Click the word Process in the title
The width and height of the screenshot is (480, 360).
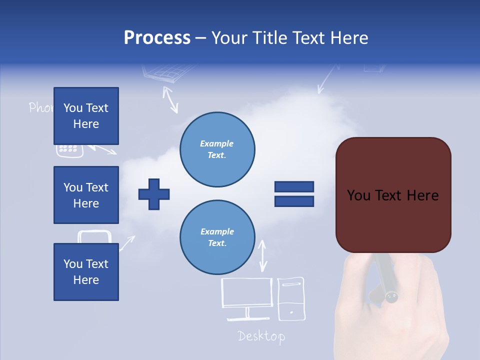coord(157,38)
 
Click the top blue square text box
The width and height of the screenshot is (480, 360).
coord(86,116)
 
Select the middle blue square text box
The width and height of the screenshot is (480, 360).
coord(86,195)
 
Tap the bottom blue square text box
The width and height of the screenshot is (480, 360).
coord(86,271)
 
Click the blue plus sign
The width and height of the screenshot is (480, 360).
coord(154,193)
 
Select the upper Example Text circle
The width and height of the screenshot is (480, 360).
coord(217,149)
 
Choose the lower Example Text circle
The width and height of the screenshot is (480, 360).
coord(217,237)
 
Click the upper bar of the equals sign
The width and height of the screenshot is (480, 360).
coord(294,187)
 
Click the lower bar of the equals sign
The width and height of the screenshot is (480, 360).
coord(294,201)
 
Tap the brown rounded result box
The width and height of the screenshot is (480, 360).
coord(393,195)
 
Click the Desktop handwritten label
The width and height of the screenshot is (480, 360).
coord(261,336)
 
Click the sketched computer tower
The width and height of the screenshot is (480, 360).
coord(291,299)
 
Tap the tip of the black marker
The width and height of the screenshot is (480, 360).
coord(391,297)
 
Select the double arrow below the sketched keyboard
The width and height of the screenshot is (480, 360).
coord(171,99)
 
